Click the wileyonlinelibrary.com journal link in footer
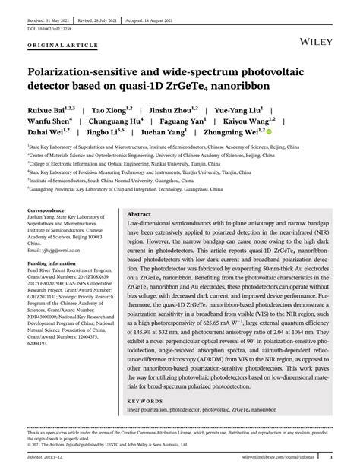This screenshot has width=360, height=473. (x=284, y=457)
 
